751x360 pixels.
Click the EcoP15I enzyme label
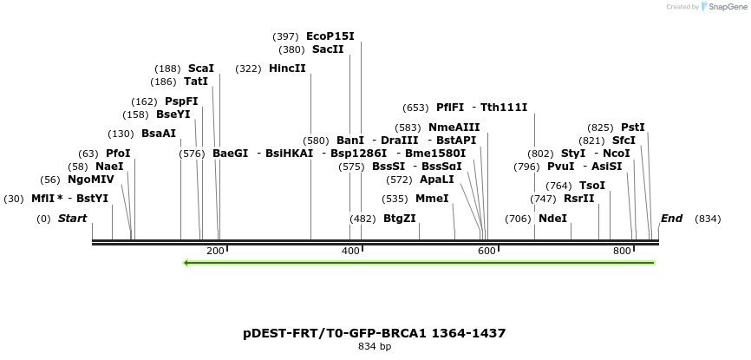(330, 36)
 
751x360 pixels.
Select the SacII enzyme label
(328, 49)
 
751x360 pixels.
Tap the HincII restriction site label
(287, 69)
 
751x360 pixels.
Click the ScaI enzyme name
(201, 69)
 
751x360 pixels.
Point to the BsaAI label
(159, 134)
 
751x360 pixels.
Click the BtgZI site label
(400, 219)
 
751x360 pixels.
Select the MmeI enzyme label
(432, 199)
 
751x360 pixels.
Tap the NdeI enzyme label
(552, 219)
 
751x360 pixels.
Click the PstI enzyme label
(633, 128)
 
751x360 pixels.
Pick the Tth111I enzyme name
(504, 108)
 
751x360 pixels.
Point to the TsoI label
(592, 186)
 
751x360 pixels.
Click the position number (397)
(285, 36)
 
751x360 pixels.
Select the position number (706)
(518, 219)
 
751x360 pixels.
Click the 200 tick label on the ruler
(216, 251)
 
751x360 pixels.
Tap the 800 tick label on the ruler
(622, 251)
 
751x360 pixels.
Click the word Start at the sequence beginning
(72, 219)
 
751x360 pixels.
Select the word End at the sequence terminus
(671, 219)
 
